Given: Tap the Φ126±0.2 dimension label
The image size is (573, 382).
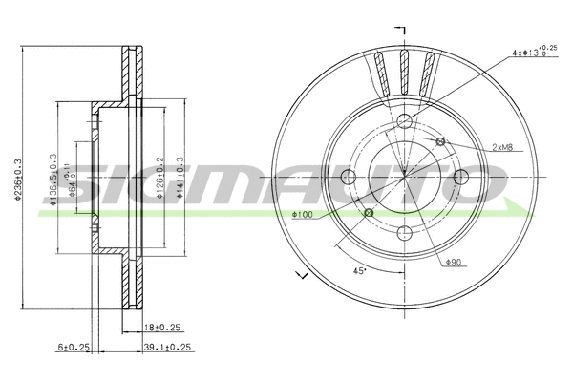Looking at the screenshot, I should point(159,177).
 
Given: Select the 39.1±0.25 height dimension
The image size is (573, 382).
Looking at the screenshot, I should point(166,348).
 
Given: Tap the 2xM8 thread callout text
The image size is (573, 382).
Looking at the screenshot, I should point(506,147).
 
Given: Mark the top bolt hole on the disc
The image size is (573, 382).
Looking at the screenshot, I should point(405,120).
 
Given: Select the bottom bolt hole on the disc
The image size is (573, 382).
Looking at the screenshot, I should point(405,232).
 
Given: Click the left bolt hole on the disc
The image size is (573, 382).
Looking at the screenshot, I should point(350,177).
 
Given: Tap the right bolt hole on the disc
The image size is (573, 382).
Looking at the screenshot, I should point(461,177).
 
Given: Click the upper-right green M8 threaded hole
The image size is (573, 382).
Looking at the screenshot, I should point(440,142).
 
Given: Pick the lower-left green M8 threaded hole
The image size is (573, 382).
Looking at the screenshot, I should point(370,212).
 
